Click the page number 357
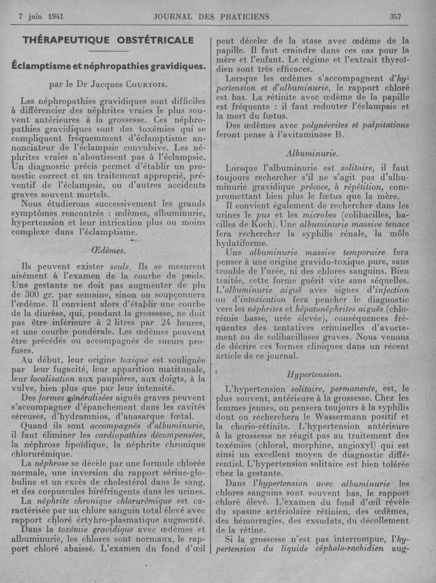[396, 16]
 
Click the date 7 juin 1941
[41, 16]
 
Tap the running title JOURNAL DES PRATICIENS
[211, 16]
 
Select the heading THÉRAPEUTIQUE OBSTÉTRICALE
[108, 40]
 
